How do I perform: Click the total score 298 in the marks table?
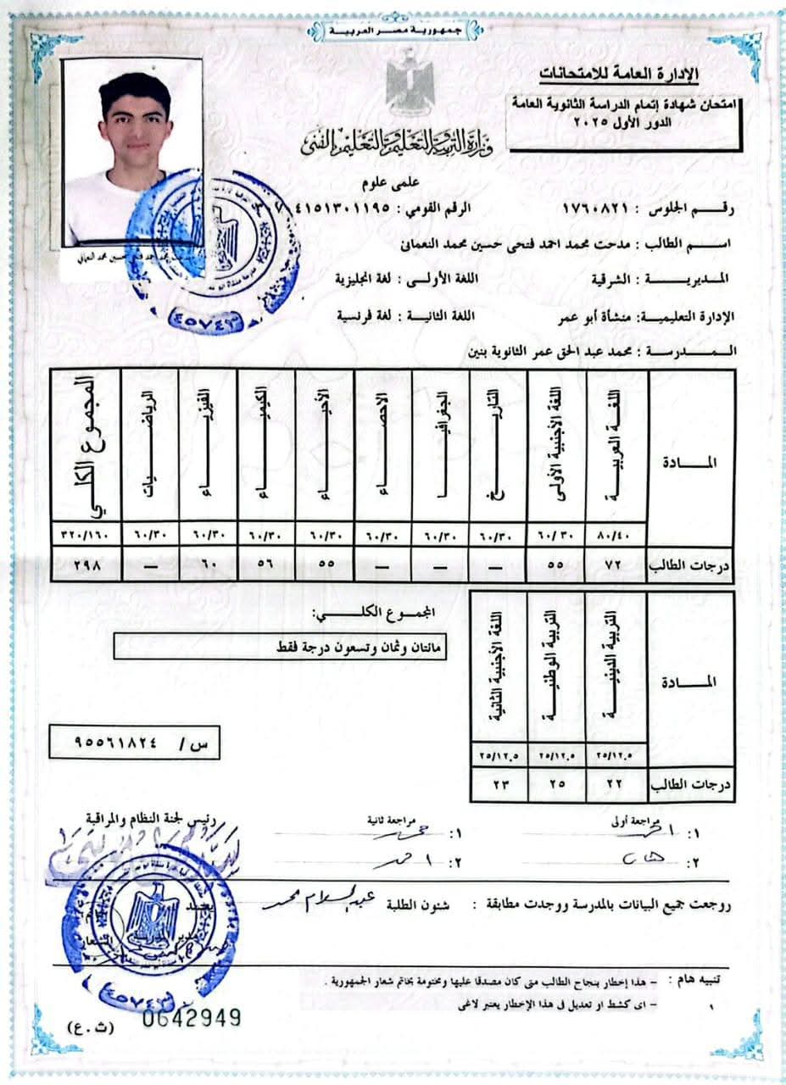tap(86, 564)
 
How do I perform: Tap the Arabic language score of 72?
tap(616, 564)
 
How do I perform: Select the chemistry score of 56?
tap(266, 564)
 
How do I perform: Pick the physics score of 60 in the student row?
tap(208, 564)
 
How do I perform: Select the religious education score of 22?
tap(616, 786)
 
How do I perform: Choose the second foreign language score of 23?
tap(499, 786)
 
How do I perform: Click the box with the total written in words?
tap(280, 648)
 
